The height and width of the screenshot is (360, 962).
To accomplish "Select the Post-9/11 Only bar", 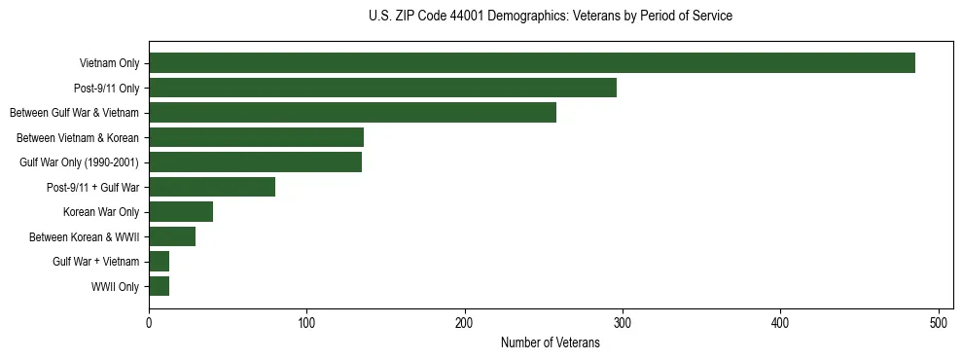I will [382, 88].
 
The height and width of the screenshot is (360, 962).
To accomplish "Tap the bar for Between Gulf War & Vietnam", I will [352, 113].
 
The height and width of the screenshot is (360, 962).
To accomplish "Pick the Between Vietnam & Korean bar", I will [256, 137].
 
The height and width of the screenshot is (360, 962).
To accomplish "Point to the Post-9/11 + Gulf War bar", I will [212, 187].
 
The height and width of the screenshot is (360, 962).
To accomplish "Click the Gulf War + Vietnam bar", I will [159, 261].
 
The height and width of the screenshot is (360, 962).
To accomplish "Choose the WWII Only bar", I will [159, 286].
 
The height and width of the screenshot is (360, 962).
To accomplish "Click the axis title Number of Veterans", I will [550, 343].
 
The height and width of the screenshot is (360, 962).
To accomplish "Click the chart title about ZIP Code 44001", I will [550, 17].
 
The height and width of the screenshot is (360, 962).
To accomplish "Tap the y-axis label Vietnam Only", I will [109, 64].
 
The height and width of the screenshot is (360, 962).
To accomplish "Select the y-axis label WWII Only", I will [115, 287].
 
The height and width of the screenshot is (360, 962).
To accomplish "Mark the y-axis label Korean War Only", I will [101, 212].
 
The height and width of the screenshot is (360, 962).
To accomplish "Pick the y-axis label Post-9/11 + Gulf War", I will [92, 188].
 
